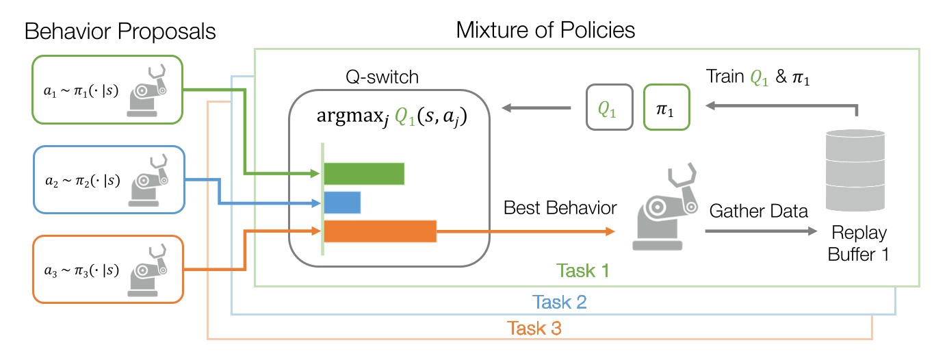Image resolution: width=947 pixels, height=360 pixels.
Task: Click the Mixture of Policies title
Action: tap(546, 30)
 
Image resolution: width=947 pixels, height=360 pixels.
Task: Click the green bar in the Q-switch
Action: tap(363, 174)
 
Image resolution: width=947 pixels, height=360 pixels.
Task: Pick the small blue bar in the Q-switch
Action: tap(342, 203)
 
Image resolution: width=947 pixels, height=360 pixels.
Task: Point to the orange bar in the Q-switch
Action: tap(380, 232)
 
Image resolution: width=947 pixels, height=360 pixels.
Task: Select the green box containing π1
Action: tap(667, 107)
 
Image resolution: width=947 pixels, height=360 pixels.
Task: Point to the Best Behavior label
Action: tap(560, 207)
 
